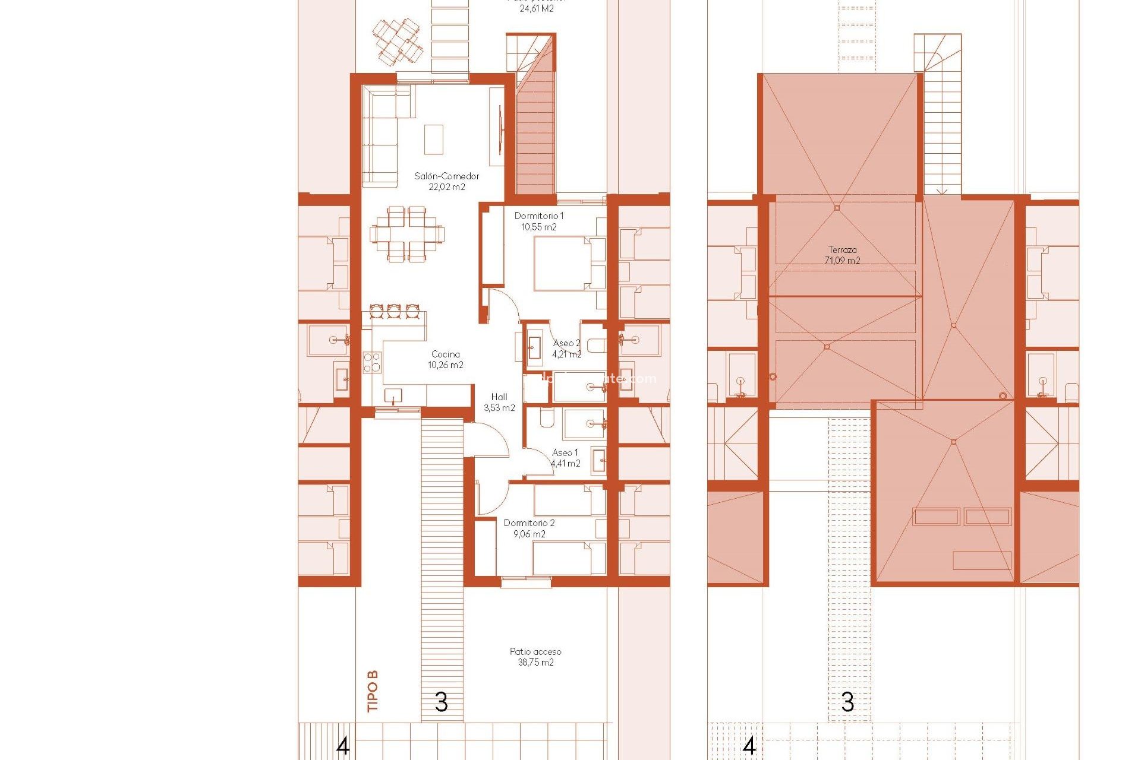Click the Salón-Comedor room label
[x=447, y=176]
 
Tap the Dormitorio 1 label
[x=538, y=216]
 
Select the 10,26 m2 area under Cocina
[x=446, y=365]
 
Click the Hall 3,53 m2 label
[x=499, y=403]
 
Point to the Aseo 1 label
[x=565, y=452]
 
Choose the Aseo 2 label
[x=566, y=343]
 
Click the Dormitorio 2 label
[x=529, y=523]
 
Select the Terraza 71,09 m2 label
[x=842, y=255]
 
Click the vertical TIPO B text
[x=373, y=691]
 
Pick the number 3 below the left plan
[x=441, y=702]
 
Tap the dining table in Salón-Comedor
[x=407, y=234]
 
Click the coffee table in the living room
[x=434, y=140]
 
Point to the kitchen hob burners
[x=372, y=362]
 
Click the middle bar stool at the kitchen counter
[x=394, y=311]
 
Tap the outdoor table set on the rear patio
[x=398, y=40]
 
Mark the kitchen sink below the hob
[x=393, y=395]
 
